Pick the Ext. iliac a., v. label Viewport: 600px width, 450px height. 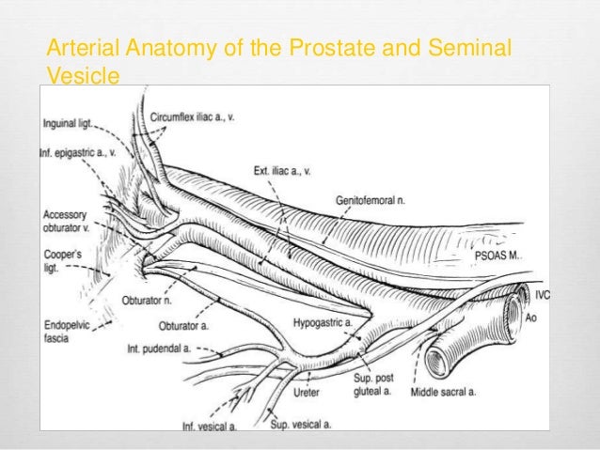pyautogui.click(x=283, y=171)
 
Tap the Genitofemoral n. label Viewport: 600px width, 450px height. pyautogui.click(x=371, y=200)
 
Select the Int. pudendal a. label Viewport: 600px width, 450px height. pyautogui.click(x=162, y=349)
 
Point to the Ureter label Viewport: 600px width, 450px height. pyautogui.click(x=307, y=392)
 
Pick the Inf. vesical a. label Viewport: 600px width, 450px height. pyautogui.click(x=210, y=427)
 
